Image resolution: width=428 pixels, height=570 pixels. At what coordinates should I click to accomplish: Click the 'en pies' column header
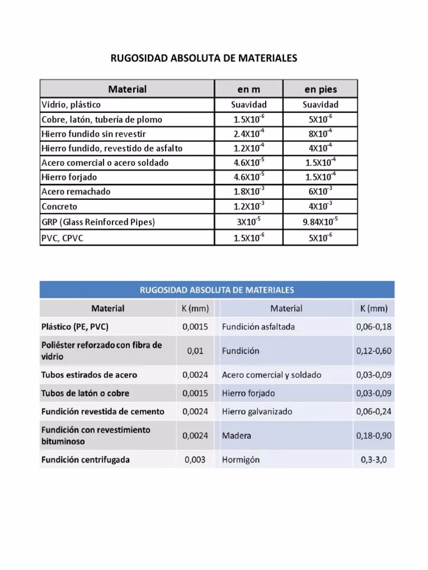point(320,89)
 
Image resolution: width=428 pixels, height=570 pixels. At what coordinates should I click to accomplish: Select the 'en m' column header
point(249,89)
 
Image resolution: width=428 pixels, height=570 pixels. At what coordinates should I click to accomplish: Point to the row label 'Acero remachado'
point(76,191)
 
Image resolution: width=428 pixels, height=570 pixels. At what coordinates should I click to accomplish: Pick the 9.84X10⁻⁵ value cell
point(320,222)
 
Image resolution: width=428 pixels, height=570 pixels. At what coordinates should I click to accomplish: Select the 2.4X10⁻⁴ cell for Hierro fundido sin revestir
point(249,134)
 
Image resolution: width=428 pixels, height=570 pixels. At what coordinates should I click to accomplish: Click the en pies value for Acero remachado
point(320,191)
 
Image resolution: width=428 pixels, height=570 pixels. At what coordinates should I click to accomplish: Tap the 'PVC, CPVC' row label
point(63,238)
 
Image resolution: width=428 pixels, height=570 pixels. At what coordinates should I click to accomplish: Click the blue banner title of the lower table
point(217,290)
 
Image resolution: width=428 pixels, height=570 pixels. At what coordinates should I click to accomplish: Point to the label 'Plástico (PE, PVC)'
point(79,327)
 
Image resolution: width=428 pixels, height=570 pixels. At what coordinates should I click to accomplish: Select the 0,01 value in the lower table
point(195,351)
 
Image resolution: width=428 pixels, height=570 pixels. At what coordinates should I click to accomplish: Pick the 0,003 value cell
point(195,460)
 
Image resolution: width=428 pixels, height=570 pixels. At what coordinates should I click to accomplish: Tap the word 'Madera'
point(236,436)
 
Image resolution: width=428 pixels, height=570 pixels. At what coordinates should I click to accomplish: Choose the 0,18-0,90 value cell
point(373,436)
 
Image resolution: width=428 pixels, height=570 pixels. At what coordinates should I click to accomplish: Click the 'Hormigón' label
point(241,460)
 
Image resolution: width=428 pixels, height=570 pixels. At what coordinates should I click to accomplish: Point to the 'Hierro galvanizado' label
point(257,412)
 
